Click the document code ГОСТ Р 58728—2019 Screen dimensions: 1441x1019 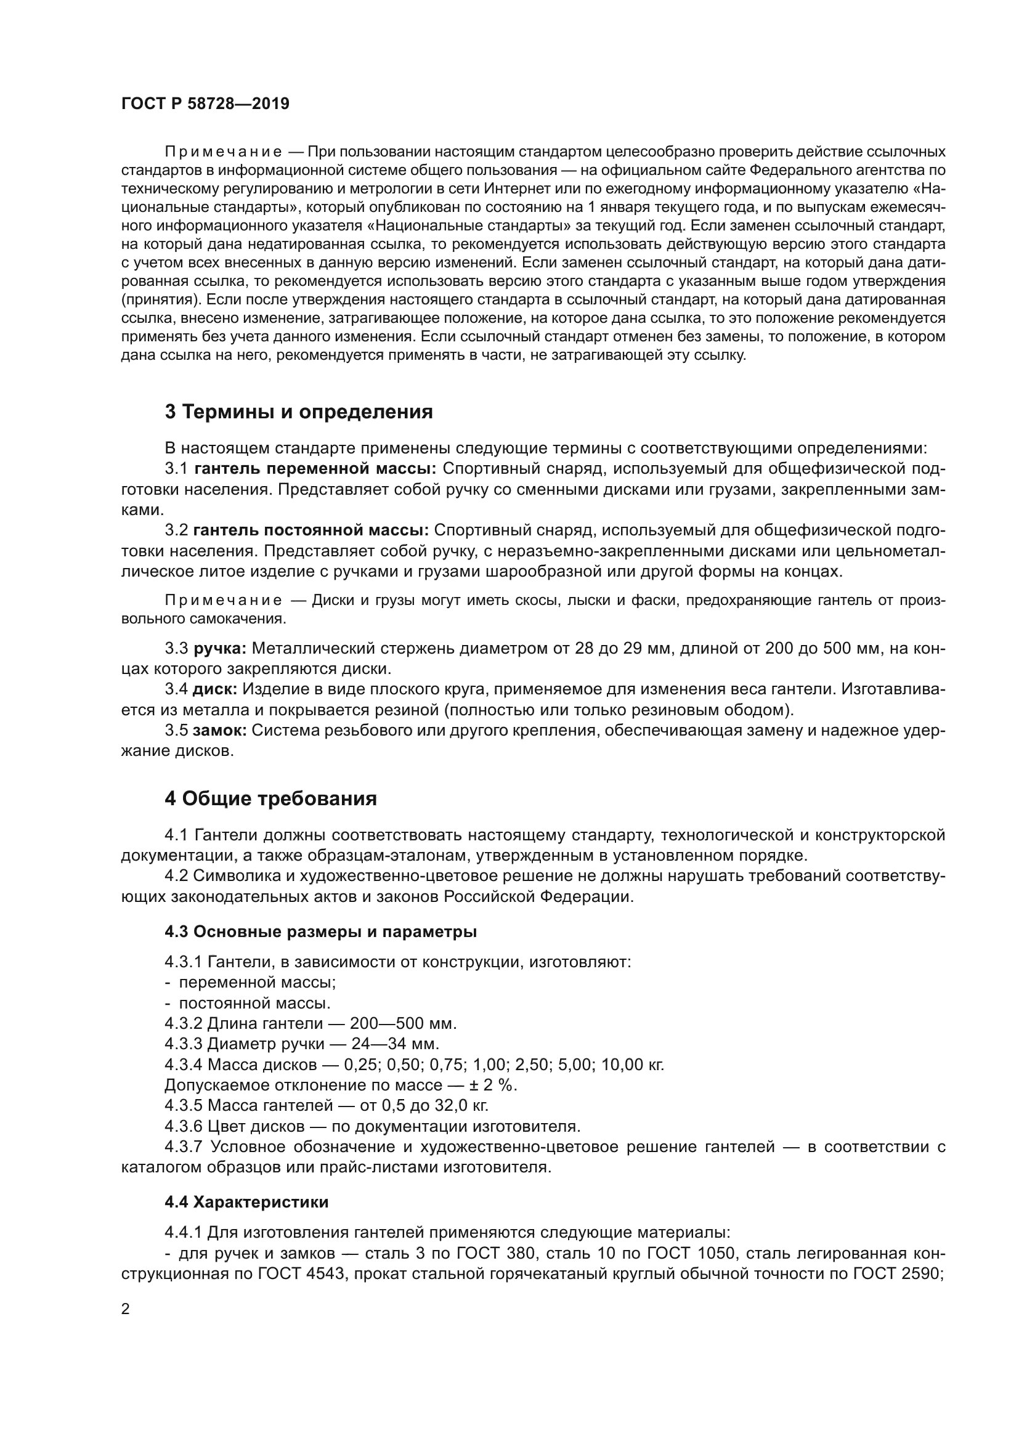pos(205,104)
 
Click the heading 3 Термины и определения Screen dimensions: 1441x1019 pos(299,412)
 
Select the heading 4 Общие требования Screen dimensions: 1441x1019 pos(270,799)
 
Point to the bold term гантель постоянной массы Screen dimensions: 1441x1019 pos(311,530)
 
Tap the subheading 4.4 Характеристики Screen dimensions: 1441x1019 pos(246,1203)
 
